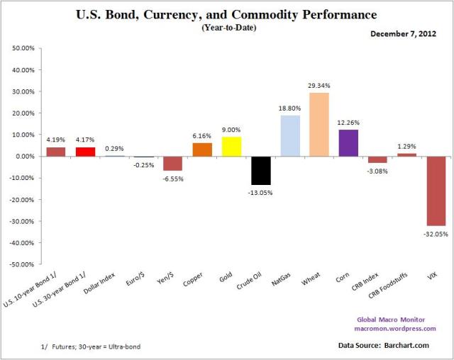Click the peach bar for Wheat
coord(319,125)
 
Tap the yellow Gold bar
coord(231,147)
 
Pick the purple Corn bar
coord(348,143)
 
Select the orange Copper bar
coord(202,150)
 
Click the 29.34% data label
coord(319,86)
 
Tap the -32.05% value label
coord(435,232)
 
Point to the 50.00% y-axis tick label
coord(23,48)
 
